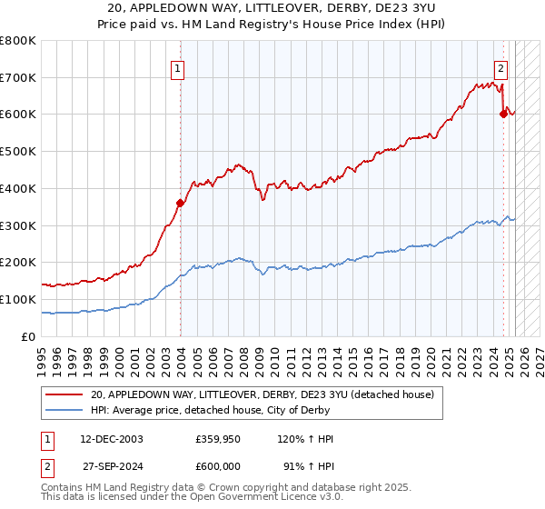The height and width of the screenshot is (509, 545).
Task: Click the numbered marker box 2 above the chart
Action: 500,66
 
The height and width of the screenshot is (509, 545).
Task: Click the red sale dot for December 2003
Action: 180,203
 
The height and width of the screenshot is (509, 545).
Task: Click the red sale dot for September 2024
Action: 503,114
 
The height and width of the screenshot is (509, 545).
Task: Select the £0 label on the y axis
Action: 29,336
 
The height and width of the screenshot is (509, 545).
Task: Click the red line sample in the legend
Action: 64,394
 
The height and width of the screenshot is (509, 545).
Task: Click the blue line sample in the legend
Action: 64,410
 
